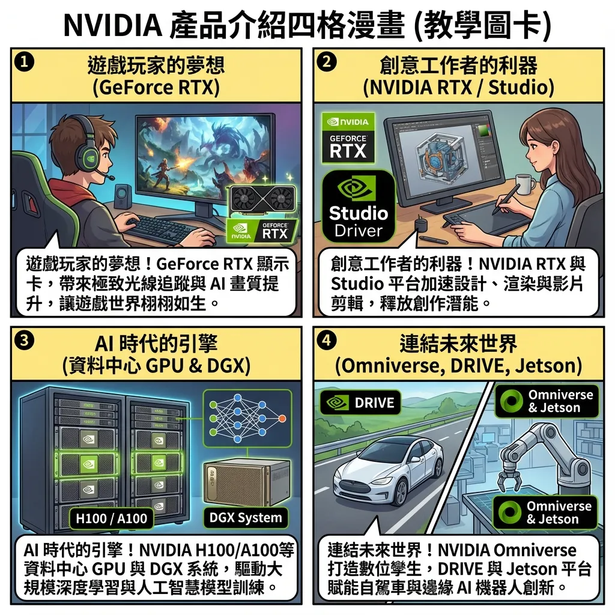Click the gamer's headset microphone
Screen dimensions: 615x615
tap(111, 178)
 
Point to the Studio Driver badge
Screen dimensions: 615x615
tap(359, 206)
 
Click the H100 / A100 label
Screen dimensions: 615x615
tap(112, 518)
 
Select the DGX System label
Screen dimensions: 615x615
tap(246, 518)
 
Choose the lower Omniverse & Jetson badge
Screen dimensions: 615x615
tap(545, 512)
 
